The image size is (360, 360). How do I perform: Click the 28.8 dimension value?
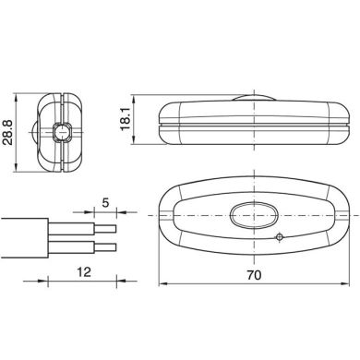(7, 133)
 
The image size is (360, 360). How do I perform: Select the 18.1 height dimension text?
(126, 119)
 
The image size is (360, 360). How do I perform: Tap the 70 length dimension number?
(254, 275)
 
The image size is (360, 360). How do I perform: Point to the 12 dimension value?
(84, 272)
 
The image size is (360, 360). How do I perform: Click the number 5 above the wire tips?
(105, 203)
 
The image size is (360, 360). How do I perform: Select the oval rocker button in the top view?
(254, 215)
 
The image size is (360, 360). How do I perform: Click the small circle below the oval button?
(280, 237)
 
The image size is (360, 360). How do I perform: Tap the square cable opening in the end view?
(63, 132)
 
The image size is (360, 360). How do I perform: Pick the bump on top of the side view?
(254, 98)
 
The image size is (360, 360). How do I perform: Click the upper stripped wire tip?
(105, 229)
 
